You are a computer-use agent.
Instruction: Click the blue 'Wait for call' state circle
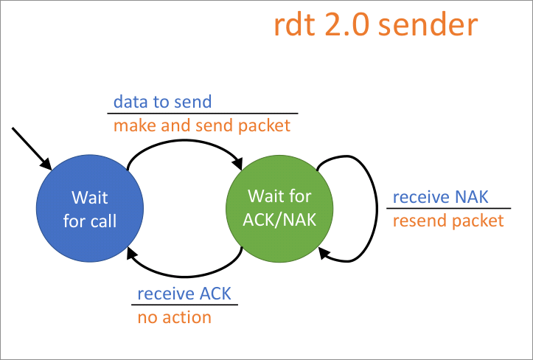[x=89, y=208]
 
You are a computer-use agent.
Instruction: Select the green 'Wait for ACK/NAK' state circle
[x=279, y=208]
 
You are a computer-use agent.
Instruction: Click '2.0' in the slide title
[x=349, y=26]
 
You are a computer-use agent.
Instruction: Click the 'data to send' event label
[x=161, y=101]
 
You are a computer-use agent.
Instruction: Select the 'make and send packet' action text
[x=201, y=125]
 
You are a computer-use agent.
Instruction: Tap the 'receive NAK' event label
[x=440, y=197]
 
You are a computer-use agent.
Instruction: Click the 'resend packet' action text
[x=448, y=221]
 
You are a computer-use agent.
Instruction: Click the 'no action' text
[x=174, y=317]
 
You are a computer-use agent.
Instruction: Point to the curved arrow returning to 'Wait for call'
[x=184, y=276]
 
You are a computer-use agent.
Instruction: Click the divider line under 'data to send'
[x=202, y=114]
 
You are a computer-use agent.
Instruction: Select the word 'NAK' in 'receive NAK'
[x=473, y=197]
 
